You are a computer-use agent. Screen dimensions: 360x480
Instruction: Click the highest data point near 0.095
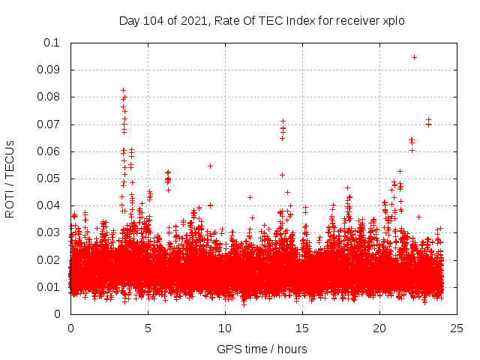(x=414, y=57)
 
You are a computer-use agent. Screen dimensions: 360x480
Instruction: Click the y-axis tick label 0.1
(x=52, y=43)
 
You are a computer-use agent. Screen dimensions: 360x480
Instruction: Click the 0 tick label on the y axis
(x=57, y=314)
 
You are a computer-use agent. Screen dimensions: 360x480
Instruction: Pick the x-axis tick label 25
(x=457, y=328)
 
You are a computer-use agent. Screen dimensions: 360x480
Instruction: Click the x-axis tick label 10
(x=225, y=328)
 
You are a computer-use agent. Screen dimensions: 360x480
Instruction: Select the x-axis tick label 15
(x=302, y=328)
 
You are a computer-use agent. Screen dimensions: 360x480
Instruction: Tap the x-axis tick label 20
(x=379, y=328)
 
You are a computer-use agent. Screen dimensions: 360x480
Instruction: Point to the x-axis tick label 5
(x=148, y=328)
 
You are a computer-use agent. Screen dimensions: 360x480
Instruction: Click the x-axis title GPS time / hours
(x=262, y=349)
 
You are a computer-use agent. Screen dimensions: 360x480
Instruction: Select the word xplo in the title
(x=393, y=20)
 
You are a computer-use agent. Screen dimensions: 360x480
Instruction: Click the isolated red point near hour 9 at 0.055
(x=211, y=166)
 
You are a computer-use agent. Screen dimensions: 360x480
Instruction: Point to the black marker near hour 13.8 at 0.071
(x=283, y=121)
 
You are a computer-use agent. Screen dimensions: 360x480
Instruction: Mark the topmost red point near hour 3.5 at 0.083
(x=123, y=90)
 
